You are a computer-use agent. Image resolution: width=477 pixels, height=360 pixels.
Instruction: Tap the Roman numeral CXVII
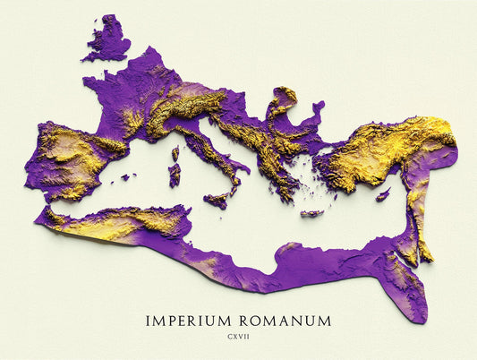[238, 339]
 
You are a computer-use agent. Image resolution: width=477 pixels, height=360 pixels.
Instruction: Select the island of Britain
[107, 41]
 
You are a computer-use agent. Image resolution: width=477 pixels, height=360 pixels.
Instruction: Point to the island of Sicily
[217, 200]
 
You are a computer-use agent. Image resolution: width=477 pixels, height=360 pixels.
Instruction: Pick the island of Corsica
[175, 152]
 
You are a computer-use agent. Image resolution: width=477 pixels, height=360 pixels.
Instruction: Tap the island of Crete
[311, 213]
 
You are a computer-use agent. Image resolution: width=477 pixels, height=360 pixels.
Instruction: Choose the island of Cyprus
[383, 194]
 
